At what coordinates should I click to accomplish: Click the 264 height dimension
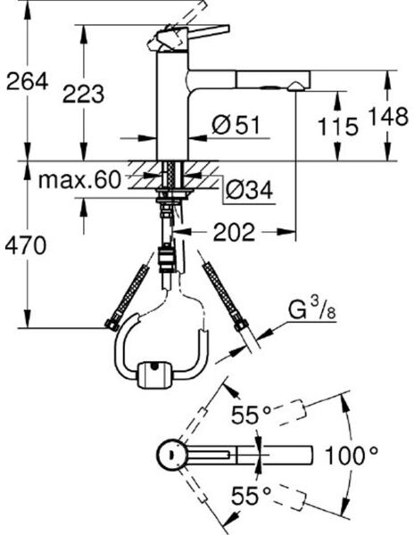coord(28,81)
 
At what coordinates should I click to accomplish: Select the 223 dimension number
coord(83,94)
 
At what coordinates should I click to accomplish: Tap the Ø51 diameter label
coord(236,125)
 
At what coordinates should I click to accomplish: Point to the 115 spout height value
coord(338,127)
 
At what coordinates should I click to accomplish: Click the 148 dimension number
coord(388,116)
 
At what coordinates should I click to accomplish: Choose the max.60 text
coord(79,180)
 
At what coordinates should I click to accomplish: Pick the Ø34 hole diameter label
coord(249,190)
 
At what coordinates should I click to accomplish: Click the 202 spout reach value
coord(234,232)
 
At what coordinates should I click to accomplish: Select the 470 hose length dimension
coord(25,245)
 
